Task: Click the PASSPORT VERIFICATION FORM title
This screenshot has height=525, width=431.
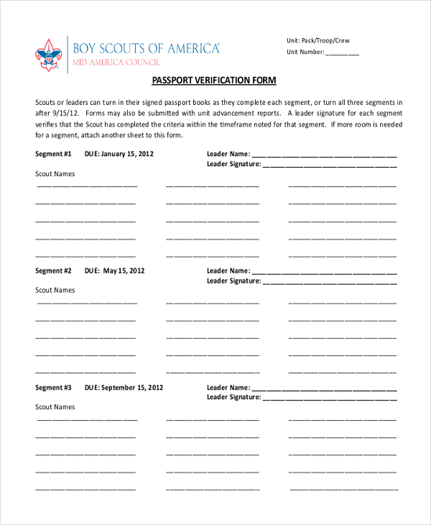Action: click(215, 81)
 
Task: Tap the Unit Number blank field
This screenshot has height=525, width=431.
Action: click(343, 52)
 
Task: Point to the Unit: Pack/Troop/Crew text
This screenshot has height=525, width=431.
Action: click(318, 41)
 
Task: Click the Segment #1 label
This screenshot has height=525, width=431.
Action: click(54, 154)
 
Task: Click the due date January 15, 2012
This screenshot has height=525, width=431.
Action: click(119, 154)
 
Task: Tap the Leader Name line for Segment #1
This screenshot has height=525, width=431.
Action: click(324, 155)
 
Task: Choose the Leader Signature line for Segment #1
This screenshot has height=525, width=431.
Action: click(330, 165)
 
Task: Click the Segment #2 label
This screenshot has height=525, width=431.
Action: click(54, 271)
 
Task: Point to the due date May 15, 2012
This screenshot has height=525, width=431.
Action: click(115, 271)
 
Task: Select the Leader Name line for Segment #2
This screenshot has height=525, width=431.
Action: click(324, 272)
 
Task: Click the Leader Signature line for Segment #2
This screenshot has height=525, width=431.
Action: click(330, 282)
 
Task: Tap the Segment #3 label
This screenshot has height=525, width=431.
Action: click(54, 388)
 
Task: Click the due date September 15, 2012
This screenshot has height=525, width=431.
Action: click(124, 388)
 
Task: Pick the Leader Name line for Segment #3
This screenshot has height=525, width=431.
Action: click(324, 388)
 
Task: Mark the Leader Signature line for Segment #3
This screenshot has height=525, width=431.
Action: click(330, 398)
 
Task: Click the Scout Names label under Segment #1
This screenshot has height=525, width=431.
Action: click(55, 174)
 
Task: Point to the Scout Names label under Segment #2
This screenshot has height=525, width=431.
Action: click(55, 291)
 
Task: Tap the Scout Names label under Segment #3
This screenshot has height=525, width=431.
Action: click(55, 407)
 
